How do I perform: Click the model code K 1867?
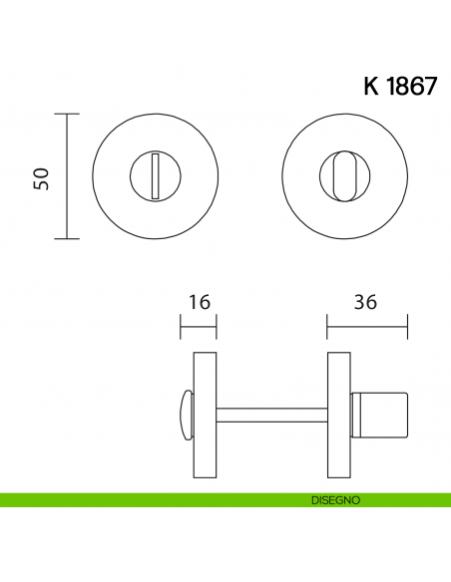click(x=399, y=87)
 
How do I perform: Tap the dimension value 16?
click(x=199, y=302)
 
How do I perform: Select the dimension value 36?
click(x=365, y=302)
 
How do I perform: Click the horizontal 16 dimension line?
click(x=198, y=324)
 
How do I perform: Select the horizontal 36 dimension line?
click(x=367, y=324)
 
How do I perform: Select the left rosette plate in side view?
click(x=205, y=413)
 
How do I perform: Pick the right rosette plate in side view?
click(x=338, y=413)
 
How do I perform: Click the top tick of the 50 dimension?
click(x=67, y=115)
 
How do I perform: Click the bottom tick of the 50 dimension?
click(x=67, y=239)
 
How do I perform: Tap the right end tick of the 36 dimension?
click(x=407, y=324)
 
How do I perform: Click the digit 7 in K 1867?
click(x=428, y=87)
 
